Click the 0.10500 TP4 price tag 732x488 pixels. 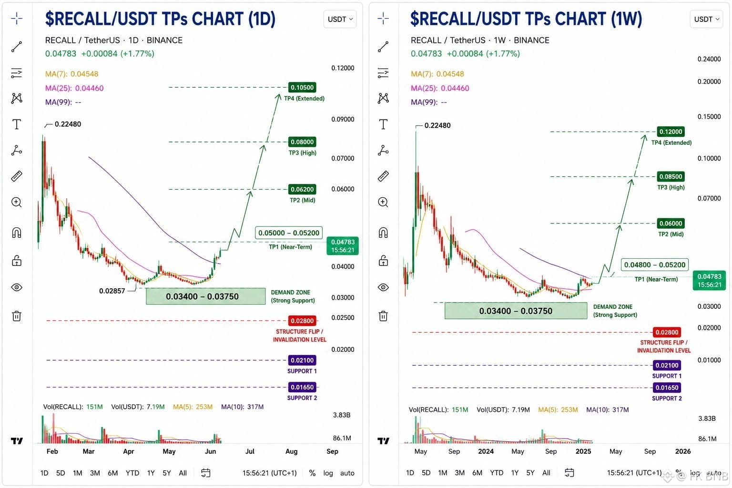click(302, 87)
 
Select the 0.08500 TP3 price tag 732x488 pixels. click(671, 176)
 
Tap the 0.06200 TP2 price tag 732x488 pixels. click(302, 189)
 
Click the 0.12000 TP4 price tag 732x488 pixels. click(671, 132)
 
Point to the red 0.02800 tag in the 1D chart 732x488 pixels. click(302, 321)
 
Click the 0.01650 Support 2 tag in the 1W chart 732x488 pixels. click(667, 387)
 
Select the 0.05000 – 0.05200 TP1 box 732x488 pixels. click(288, 233)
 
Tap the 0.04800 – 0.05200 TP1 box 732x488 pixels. click(654, 265)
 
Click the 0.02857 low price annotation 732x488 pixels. click(112, 291)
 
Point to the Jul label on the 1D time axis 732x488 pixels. click(250, 451)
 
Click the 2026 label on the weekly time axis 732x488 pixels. click(682, 451)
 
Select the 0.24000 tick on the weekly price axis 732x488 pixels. click(709, 59)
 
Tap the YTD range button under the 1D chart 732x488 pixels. click(132, 473)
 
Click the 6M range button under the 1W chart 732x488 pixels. click(477, 473)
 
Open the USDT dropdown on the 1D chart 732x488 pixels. click(340, 19)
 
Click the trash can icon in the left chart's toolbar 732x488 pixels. click(17, 316)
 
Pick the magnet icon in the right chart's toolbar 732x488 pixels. click(383, 233)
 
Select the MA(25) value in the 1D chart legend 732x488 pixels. click(89, 88)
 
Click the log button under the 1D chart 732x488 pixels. click(328, 473)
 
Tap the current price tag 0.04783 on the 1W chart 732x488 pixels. click(709, 280)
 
